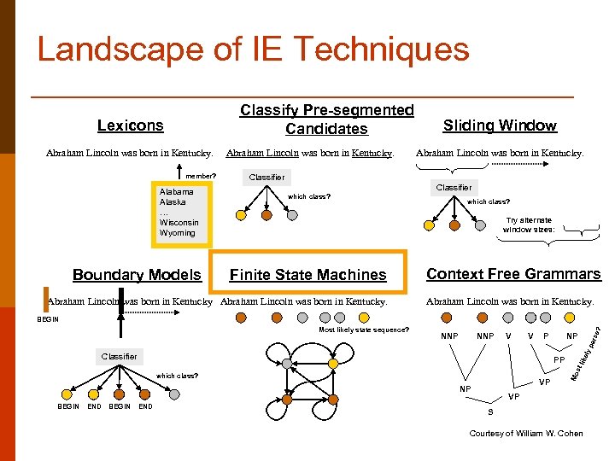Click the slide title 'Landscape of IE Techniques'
click(253, 50)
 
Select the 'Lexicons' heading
click(130, 125)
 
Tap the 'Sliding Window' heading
click(500, 125)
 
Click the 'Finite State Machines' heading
click(307, 275)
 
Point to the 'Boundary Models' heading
click(137, 275)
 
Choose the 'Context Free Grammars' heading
click(513, 274)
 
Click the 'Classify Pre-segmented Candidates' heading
click(326, 120)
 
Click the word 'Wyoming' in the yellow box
click(177, 232)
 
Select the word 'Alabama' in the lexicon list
click(176, 192)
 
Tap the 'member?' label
click(202, 177)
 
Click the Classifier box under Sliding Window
click(454, 187)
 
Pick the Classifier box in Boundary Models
click(119, 356)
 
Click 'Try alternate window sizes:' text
click(529, 225)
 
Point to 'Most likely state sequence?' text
click(364, 330)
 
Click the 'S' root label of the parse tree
click(502, 412)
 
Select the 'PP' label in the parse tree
click(559, 360)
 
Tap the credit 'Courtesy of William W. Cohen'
click(526, 434)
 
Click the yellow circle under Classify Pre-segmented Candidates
click(241, 216)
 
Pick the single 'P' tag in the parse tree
click(547, 336)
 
